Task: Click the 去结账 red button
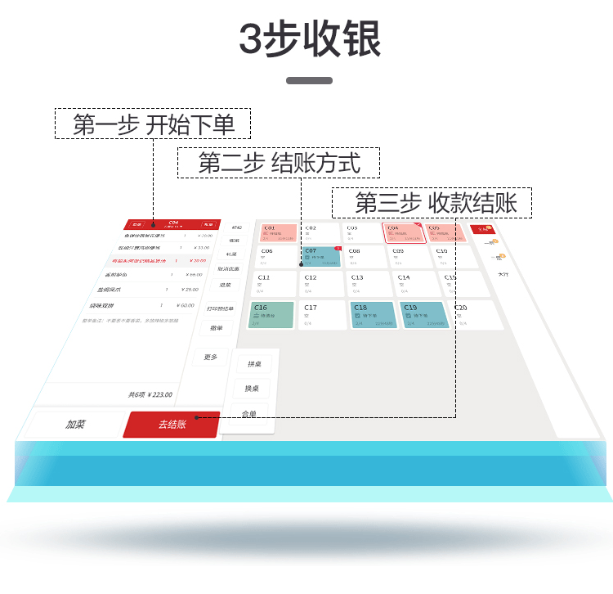[172, 424]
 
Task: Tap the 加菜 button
[76, 425]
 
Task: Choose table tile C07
[321, 257]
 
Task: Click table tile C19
[423, 315]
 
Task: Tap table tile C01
[280, 233]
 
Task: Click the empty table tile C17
[321, 315]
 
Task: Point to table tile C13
[369, 284]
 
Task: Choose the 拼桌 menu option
[254, 363]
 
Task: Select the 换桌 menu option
[252, 388]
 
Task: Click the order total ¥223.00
[150, 394]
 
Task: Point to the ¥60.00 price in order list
[183, 305]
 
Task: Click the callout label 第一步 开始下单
[153, 124]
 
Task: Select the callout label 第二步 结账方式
[279, 163]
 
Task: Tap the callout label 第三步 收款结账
[432, 203]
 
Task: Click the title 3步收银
[309, 39]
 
